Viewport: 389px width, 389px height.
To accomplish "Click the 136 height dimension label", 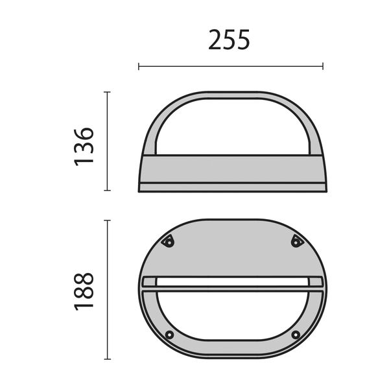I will [x=84, y=146].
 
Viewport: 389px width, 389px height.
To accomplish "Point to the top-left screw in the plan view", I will [x=168, y=242].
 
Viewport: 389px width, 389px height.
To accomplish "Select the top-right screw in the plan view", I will [x=297, y=242].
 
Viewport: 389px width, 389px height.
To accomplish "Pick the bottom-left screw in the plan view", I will [x=169, y=335].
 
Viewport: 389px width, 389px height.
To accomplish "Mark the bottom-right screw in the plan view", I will [x=296, y=335].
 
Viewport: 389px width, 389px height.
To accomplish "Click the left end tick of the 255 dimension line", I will [x=139, y=65].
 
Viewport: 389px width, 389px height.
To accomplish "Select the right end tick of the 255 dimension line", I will [x=323, y=65].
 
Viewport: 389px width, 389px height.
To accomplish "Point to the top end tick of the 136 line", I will [x=108, y=92].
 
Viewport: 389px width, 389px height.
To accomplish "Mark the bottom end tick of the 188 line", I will [x=108, y=359].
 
